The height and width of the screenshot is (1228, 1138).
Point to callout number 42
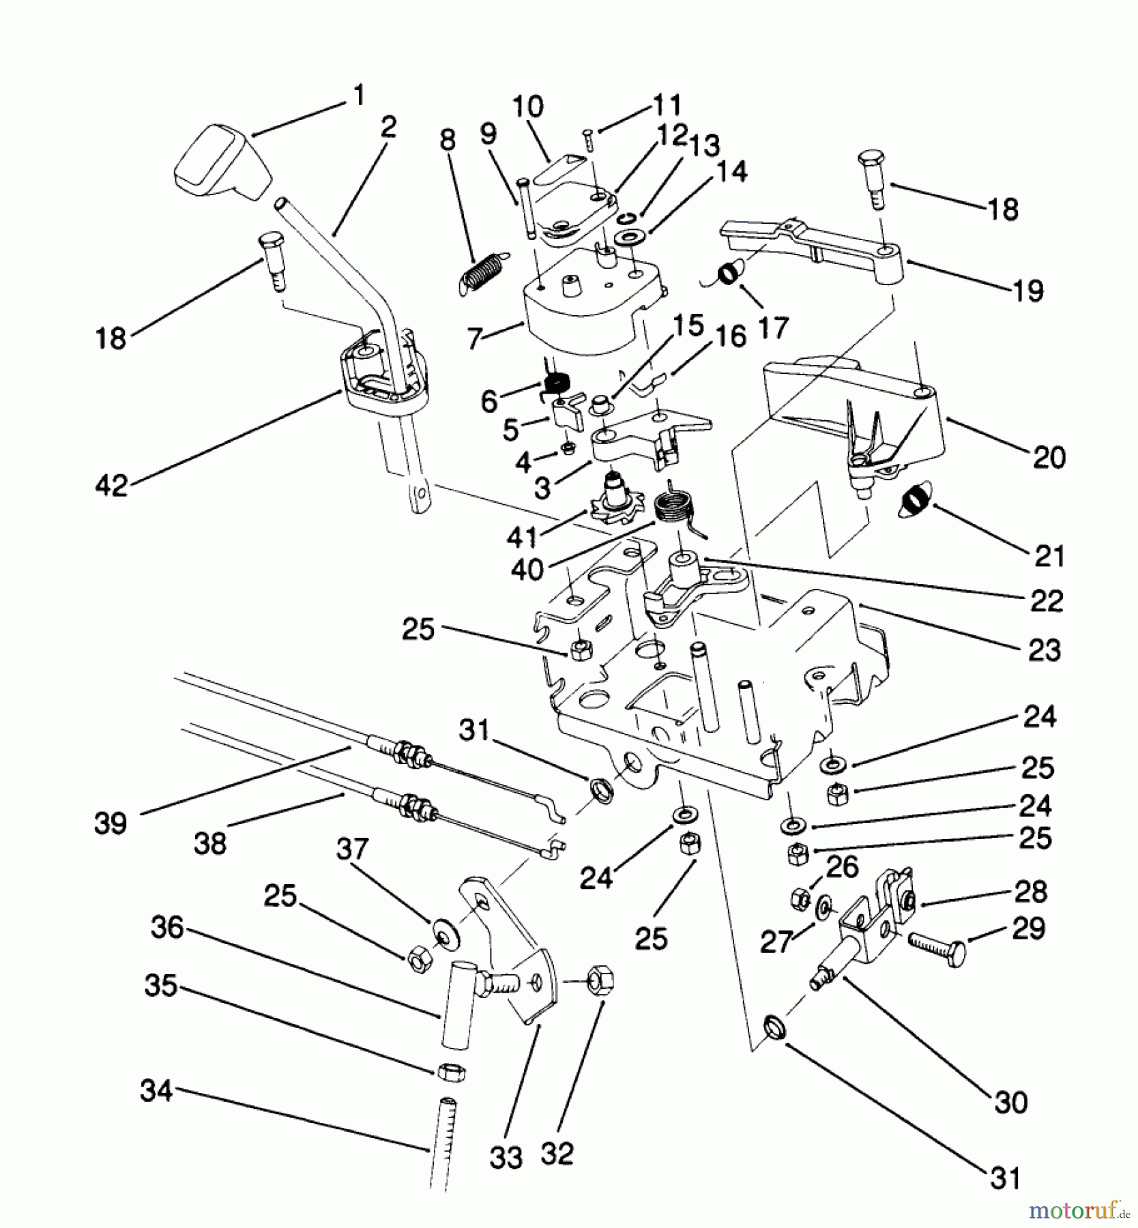tap(112, 486)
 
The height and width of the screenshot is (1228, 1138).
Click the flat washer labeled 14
tap(625, 239)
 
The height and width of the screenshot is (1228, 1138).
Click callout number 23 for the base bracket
tap(1043, 650)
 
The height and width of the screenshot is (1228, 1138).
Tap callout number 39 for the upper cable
tap(111, 823)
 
